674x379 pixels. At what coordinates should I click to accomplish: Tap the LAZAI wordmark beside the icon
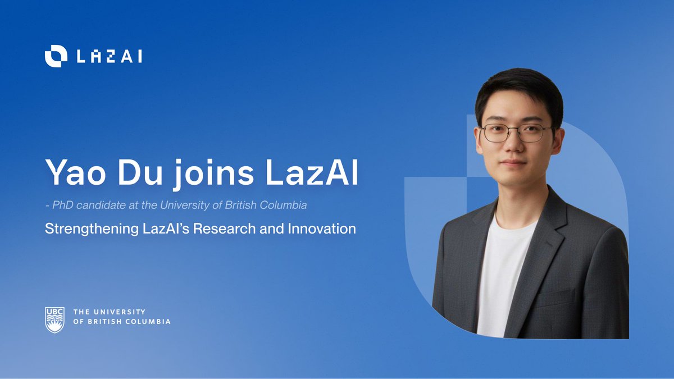(108, 56)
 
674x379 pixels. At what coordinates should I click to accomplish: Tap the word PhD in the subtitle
(61, 206)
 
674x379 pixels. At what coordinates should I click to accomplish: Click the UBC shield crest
(54, 319)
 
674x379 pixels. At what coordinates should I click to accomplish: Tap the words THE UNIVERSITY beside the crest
(110, 312)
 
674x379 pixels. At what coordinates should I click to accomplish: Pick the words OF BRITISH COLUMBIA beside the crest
(122, 322)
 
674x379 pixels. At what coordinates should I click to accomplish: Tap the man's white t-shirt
(503, 270)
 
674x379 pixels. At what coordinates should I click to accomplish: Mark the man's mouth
(515, 165)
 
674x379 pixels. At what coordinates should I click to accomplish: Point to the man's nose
(516, 147)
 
